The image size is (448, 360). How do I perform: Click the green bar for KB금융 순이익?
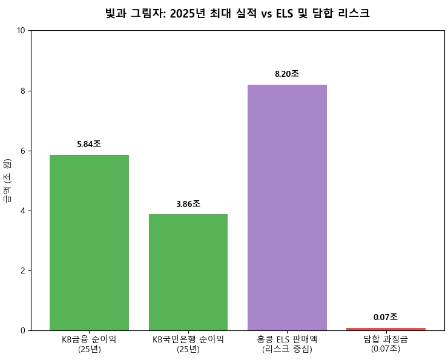click(89, 242)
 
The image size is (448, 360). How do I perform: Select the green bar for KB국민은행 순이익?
click(188, 272)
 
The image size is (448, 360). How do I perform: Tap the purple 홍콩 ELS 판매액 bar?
click(287, 208)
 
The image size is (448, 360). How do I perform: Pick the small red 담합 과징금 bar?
click(386, 329)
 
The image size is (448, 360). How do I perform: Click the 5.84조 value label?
click(89, 144)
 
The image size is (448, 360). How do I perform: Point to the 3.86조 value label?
click(188, 204)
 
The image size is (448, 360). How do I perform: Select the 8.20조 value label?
click(287, 74)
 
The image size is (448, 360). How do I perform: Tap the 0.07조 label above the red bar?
click(386, 317)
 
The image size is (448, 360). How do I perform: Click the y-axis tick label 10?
click(21, 30)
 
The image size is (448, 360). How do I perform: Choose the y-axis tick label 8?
click(23, 91)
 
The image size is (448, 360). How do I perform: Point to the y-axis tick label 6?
click(23, 151)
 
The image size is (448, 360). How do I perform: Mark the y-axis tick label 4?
click(23, 211)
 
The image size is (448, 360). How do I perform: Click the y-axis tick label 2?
click(23, 270)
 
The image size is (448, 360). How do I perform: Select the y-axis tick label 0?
click(23, 330)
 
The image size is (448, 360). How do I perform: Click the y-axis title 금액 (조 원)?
click(7, 180)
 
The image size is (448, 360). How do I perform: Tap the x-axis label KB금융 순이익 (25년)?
click(89, 344)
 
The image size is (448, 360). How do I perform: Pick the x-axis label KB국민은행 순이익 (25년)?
click(188, 344)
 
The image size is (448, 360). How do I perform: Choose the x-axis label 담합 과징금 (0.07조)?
click(386, 344)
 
